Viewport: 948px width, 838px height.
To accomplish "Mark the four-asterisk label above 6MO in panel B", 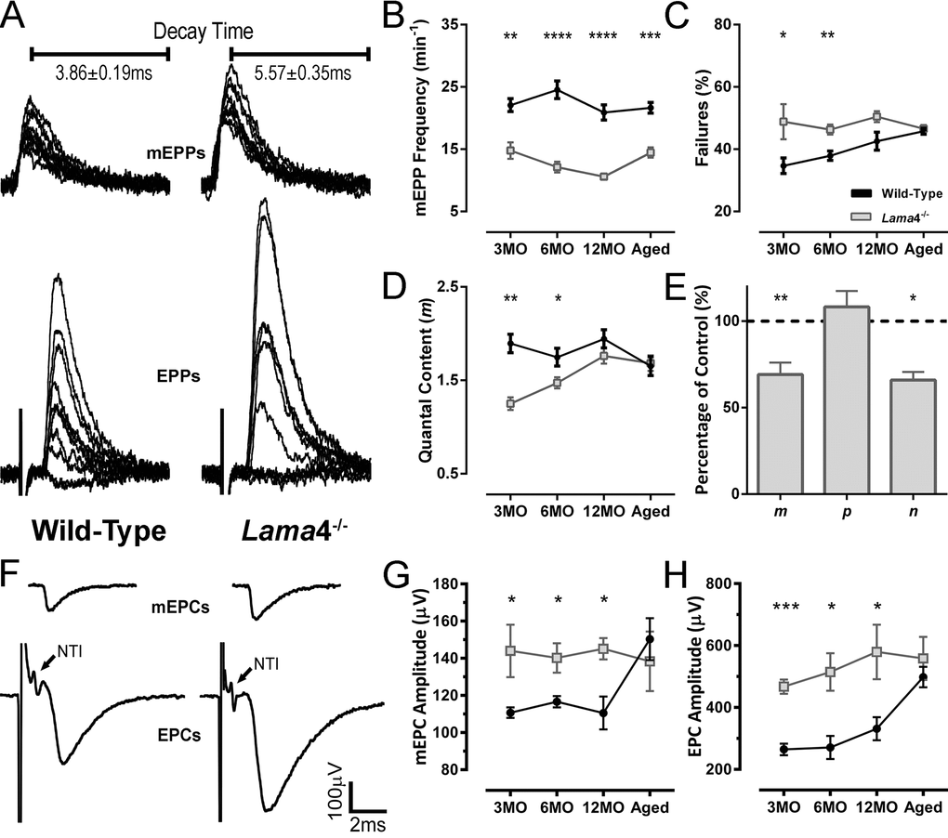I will coord(558,37).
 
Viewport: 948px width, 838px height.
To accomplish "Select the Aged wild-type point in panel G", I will coord(649,639).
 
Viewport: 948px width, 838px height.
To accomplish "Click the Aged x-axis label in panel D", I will coord(649,516).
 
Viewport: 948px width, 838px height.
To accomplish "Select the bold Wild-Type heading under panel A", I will coord(99,530).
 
